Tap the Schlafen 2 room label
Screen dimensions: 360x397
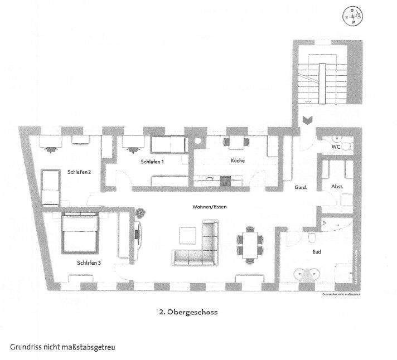79,172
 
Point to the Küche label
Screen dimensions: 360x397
238,161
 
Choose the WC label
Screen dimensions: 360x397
336,147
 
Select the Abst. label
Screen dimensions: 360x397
338,187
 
